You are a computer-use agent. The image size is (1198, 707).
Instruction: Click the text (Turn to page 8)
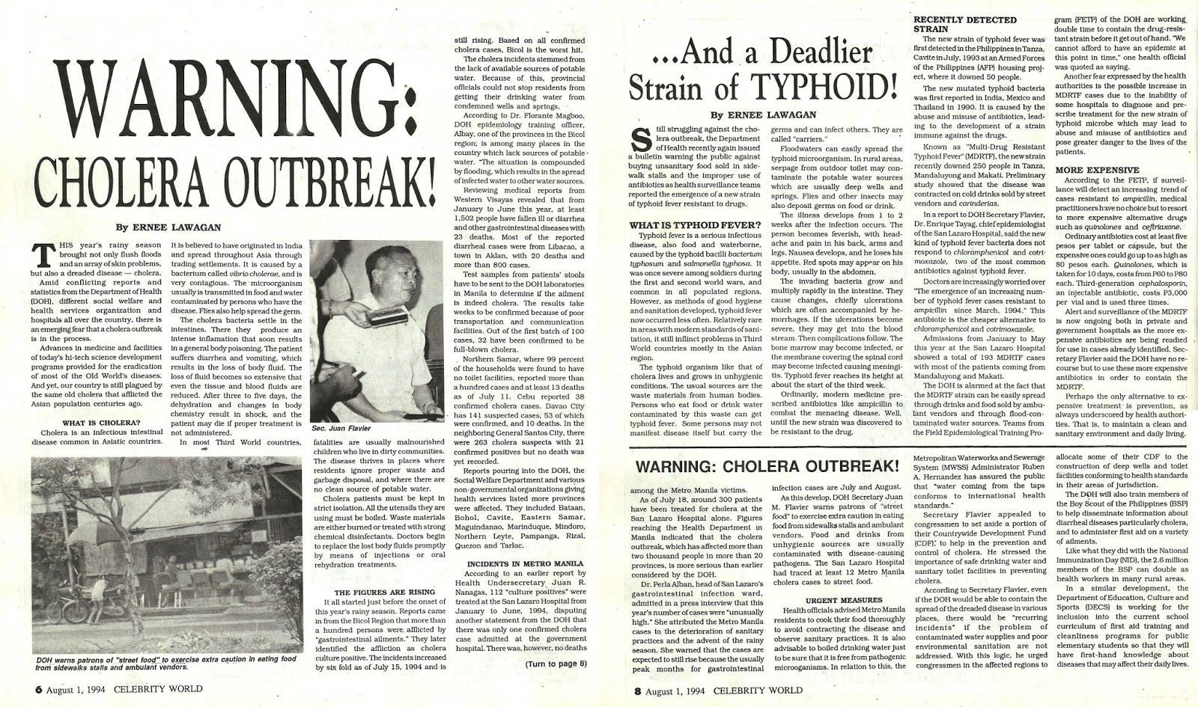(x=556, y=664)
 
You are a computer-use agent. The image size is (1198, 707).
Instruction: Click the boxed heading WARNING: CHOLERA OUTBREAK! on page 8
(x=766, y=466)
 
